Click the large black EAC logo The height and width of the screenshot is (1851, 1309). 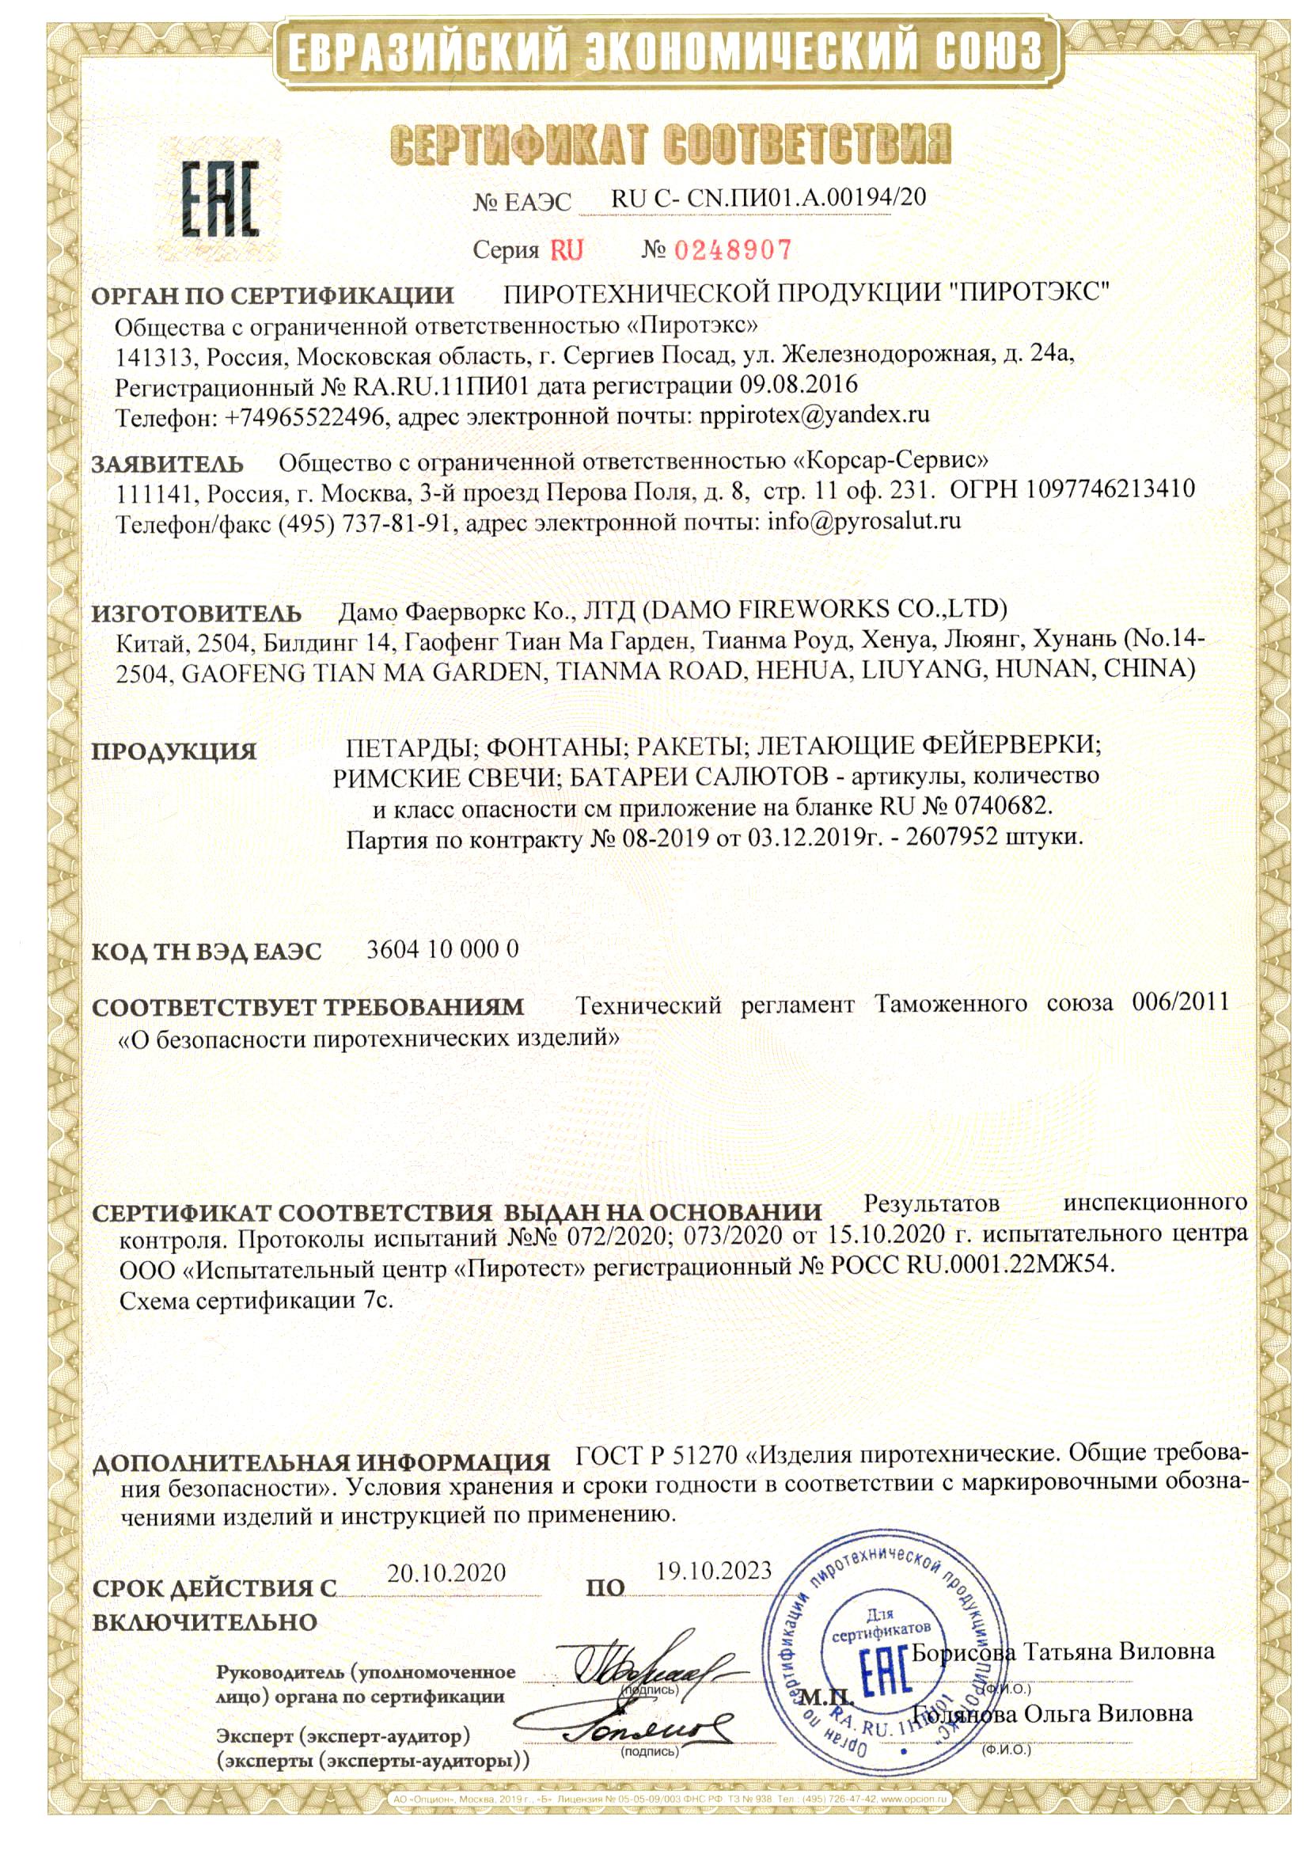219,200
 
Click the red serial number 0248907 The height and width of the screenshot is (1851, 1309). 733,250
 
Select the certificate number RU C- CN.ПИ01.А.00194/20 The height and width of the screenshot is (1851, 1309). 768,197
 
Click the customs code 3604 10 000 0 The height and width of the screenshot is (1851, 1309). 442,949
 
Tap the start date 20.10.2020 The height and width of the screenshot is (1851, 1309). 446,1572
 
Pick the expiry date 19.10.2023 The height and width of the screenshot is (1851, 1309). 713,1570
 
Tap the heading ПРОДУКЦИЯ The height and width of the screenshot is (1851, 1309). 173,751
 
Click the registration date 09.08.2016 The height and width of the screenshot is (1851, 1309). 798,384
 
